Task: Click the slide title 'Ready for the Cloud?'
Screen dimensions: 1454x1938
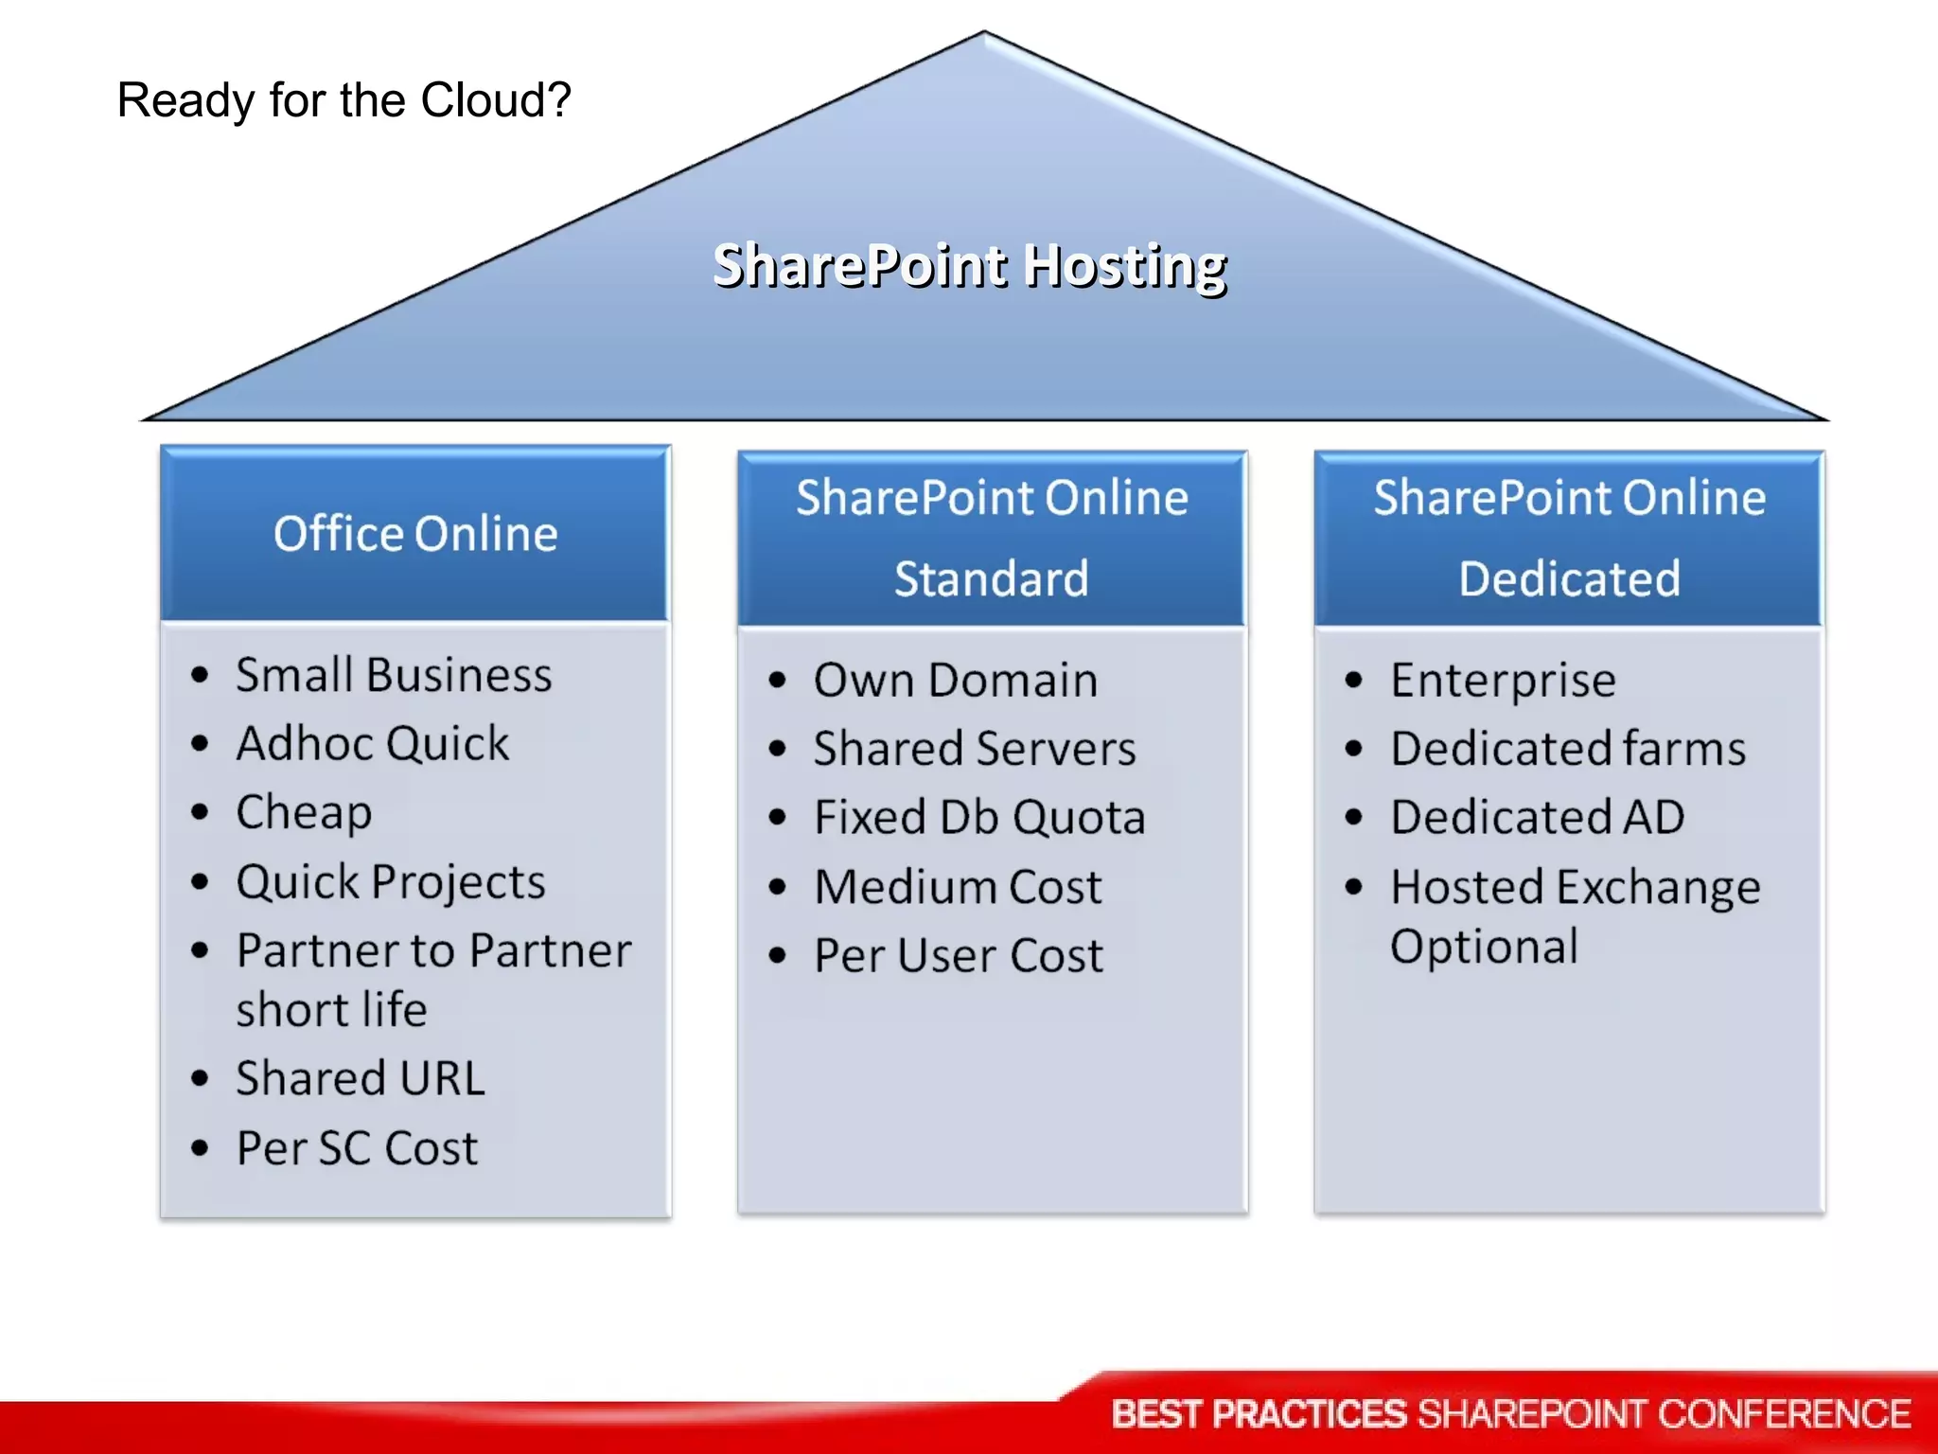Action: tap(344, 100)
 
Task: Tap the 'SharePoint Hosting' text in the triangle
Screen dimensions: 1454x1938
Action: tap(969, 265)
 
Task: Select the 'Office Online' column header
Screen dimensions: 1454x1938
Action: tap(415, 534)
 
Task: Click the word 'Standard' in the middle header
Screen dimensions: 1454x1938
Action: tap(991, 578)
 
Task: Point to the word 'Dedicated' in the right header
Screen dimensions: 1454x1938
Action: tap(1569, 578)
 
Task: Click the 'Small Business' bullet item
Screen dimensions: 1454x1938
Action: tap(394, 676)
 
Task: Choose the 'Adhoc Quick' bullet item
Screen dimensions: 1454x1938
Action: tap(373, 744)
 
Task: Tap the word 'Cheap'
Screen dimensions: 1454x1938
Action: tap(304, 813)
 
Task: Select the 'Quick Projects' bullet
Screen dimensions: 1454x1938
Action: tap(391, 882)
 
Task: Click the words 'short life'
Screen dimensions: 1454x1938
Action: tap(331, 1010)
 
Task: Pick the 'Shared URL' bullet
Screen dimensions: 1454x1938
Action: tap(361, 1079)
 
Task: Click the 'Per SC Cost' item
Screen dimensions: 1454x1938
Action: tap(357, 1148)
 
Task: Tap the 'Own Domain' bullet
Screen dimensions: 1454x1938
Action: tap(956, 681)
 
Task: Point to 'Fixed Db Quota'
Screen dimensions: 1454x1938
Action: tap(979, 818)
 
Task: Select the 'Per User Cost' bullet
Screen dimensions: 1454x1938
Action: tap(959, 955)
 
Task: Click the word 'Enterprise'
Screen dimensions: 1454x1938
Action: tap(1503, 681)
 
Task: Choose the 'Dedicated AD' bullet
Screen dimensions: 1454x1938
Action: tap(1537, 818)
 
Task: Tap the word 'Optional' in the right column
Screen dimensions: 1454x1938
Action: tap(1484, 947)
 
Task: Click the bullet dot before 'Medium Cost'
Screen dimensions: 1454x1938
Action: tap(778, 888)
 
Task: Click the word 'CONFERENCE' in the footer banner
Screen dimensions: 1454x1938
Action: tap(1784, 1414)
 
